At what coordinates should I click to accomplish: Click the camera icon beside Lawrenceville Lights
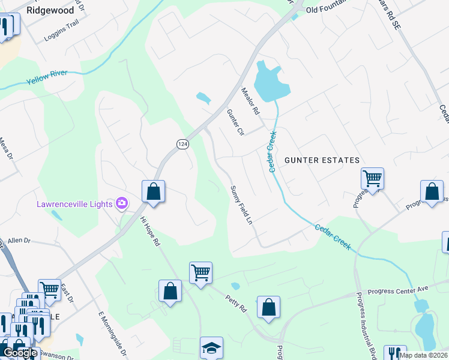tap(122, 204)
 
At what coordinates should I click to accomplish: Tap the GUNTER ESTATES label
tap(322, 160)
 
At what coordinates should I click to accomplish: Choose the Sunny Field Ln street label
tap(241, 205)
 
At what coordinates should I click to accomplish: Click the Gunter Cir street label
tap(236, 122)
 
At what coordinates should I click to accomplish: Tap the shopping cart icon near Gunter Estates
tap(372, 178)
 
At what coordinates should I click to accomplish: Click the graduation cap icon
tap(211, 347)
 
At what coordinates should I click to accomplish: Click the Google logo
tap(20, 353)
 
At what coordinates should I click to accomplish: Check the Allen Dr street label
tap(19, 240)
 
